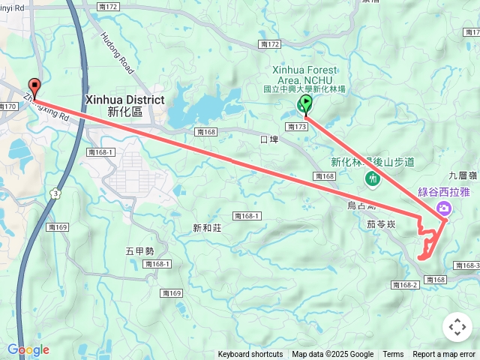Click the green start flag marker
[x=305, y=103]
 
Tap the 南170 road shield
[x=7, y=106]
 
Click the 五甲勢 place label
[x=139, y=250]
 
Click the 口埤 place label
[x=268, y=139]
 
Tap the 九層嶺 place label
[x=460, y=177]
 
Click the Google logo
[x=28, y=349]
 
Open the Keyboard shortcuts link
[x=250, y=355]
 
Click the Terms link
[x=393, y=355]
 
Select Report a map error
[x=444, y=355]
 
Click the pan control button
[x=457, y=327]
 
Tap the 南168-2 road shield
[x=404, y=285]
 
